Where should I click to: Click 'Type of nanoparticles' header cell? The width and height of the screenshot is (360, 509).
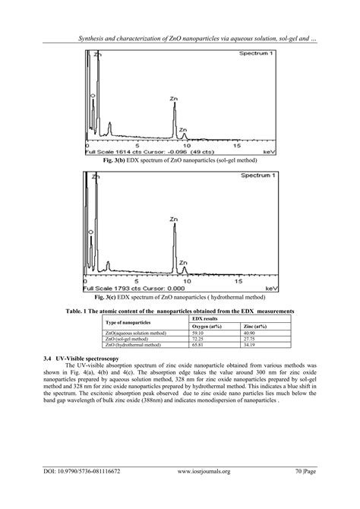129,323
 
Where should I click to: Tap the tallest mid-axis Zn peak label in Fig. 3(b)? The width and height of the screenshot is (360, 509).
174,99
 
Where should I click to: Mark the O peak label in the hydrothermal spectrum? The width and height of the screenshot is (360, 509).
90,231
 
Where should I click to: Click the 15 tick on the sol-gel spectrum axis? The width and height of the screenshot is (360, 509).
238,144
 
